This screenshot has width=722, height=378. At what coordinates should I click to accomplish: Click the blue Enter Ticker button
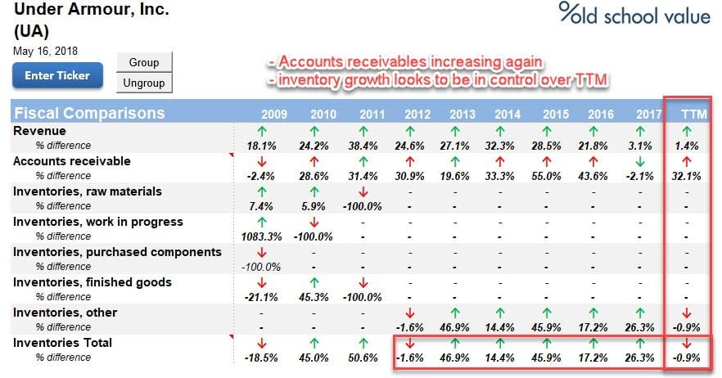(x=56, y=76)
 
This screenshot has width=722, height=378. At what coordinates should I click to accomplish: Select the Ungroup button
(x=144, y=83)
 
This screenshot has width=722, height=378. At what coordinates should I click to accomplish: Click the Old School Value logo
(x=634, y=14)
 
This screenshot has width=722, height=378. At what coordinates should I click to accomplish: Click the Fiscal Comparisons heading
(x=89, y=113)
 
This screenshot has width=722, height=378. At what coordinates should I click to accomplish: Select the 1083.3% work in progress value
(x=261, y=236)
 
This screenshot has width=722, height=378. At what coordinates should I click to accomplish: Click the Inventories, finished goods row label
(x=92, y=282)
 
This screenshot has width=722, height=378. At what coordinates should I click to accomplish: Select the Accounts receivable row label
(x=71, y=161)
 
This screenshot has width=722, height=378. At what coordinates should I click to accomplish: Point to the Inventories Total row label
(x=62, y=343)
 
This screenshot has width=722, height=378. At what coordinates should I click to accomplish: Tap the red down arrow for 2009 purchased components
(x=261, y=252)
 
